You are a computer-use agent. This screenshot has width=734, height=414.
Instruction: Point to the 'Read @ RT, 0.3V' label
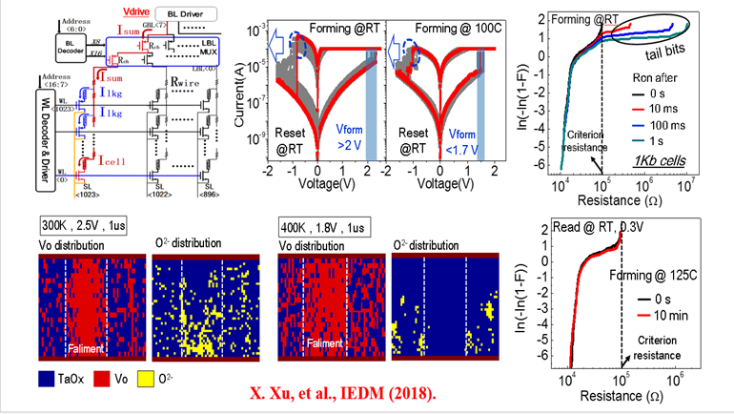[x=611, y=226]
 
